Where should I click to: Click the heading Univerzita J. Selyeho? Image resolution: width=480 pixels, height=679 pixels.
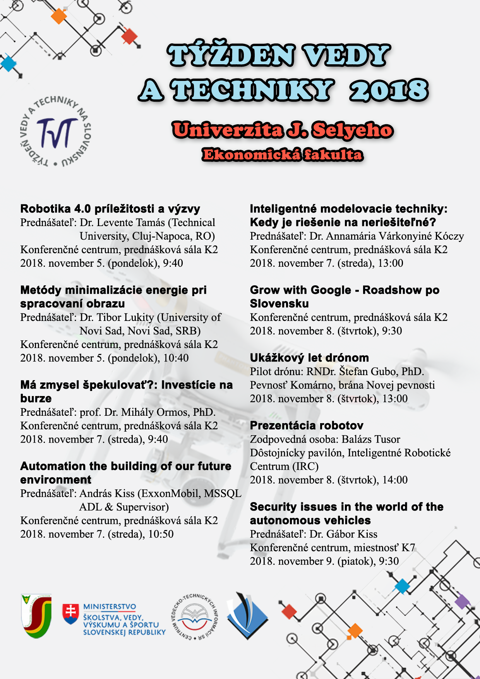coord(283,130)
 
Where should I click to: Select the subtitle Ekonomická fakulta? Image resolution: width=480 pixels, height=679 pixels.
coord(283,155)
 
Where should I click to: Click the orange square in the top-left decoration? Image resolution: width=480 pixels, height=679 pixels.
coord(59,16)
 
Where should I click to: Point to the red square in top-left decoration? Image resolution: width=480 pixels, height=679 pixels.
coord(129,37)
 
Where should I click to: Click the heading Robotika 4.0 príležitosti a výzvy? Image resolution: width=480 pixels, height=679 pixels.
coord(110,209)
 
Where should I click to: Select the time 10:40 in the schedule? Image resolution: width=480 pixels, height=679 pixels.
coord(176,358)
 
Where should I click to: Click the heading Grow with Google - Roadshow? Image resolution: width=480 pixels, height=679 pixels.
coord(345,290)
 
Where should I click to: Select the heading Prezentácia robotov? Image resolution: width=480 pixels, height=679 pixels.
coord(307,425)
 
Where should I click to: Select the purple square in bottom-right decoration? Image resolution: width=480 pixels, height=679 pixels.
coord(462,602)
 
